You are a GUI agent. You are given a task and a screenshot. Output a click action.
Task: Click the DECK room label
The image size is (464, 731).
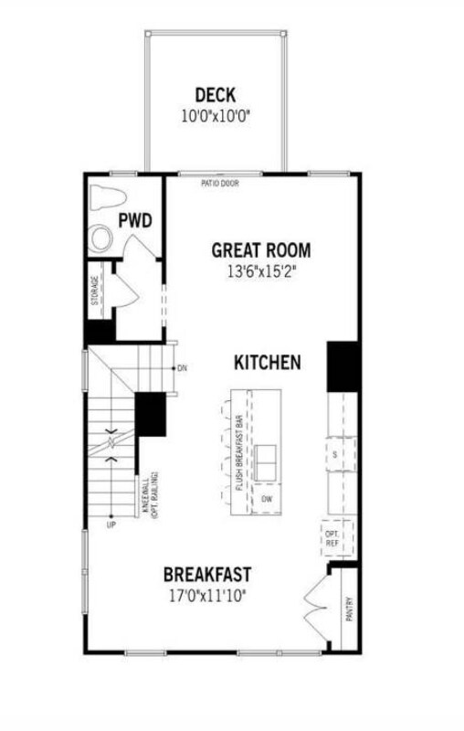[216, 95]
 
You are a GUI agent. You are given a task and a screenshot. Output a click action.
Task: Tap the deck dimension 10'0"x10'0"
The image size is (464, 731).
[216, 116]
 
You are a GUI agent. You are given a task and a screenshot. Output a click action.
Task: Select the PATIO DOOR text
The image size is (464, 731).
[220, 183]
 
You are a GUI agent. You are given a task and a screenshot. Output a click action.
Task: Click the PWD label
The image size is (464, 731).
[134, 220]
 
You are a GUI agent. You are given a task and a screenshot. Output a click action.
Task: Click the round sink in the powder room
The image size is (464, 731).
[101, 239]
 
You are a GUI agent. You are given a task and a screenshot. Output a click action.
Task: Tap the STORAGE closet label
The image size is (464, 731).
[94, 291]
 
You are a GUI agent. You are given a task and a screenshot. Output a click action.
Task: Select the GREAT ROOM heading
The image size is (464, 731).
[260, 249]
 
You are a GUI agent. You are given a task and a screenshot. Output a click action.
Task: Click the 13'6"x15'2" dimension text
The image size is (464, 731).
[260, 271]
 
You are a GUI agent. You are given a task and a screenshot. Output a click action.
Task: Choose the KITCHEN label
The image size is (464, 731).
[267, 363]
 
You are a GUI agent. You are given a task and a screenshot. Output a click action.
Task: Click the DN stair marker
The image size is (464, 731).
[182, 367]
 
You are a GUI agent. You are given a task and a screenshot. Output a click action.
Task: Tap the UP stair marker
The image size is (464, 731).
[111, 525]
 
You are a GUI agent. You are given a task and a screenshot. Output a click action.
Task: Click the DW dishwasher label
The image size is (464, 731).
[266, 500]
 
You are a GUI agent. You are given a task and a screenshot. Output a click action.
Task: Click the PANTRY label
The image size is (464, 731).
[350, 609]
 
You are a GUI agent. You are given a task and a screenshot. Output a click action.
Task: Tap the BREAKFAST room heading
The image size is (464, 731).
[207, 575]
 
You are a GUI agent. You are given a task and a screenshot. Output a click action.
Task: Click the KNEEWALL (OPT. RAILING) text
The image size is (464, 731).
[151, 496]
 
